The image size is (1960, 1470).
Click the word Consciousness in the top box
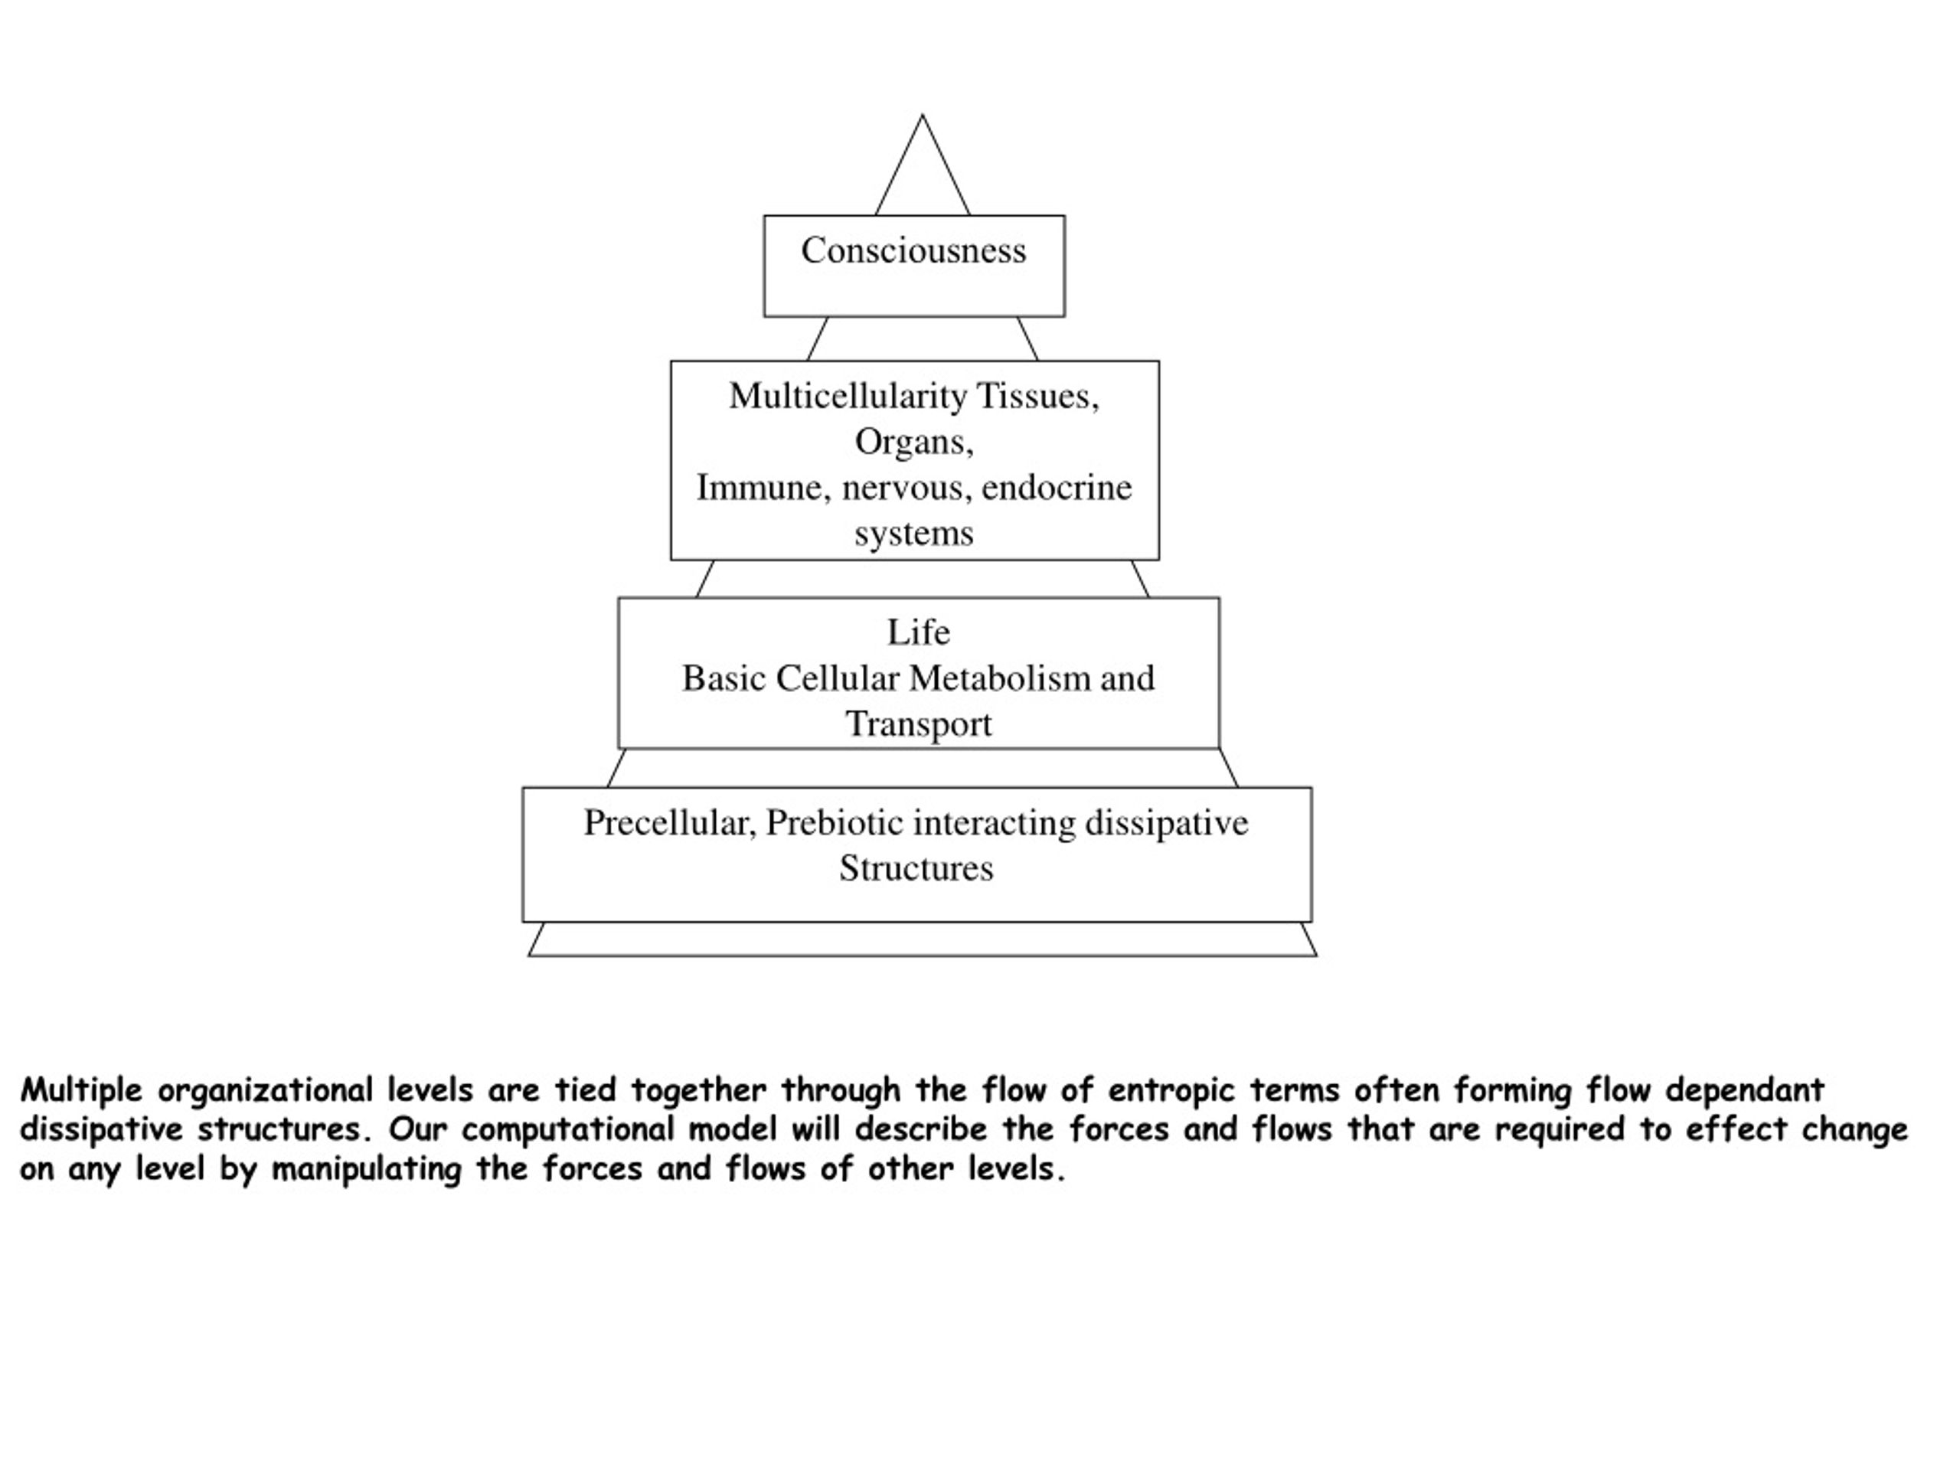[x=913, y=251]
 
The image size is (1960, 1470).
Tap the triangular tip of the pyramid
[x=923, y=115]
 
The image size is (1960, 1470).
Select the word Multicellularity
[x=848, y=397]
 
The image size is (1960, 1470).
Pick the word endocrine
[x=1057, y=488]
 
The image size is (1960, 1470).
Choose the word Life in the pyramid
[x=919, y=632]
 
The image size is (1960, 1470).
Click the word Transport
[x=919, y=725]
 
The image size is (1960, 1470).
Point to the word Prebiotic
[x=835, y=823]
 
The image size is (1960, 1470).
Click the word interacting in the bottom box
[x=995, y=824]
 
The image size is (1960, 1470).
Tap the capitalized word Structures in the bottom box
[x=916, y=868]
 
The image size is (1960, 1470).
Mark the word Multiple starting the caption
[x=81, y=1091]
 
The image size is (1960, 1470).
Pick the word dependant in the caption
[x=1745, y=1090]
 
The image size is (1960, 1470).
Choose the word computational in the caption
[x=567, y=1130]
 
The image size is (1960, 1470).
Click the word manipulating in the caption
[x=366, y=1171]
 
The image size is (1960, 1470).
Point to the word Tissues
[x=1037, y=397]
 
